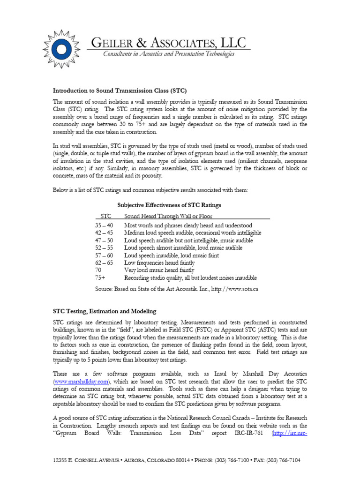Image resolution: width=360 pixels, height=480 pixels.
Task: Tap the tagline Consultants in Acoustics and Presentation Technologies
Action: pyautogui.click(x=168, y=55)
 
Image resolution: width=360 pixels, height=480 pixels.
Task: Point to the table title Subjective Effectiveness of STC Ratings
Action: pyautogui.click(x=169, y=205)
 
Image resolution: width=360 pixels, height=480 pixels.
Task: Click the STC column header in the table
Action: pyautogui.click(x=106, y=216)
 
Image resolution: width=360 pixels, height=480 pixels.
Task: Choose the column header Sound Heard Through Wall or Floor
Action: pyautogui.click(x=168, y=216)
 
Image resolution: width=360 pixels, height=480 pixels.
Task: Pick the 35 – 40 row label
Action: pyautogui.click(x=104, y=225)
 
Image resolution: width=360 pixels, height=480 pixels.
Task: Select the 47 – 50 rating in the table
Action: pyautogui.click(x=104, y=240)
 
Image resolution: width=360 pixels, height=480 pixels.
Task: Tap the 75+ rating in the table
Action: pyautogui.click(x=100, y=277)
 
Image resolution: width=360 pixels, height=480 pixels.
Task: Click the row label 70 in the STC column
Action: pyautogui.click(x=98, y=270)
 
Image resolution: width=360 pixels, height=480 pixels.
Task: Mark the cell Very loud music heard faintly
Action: pyautogui.click(x=159, y=270)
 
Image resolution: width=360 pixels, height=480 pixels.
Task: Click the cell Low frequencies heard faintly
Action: pyautogui.click(x=159, y=263)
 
